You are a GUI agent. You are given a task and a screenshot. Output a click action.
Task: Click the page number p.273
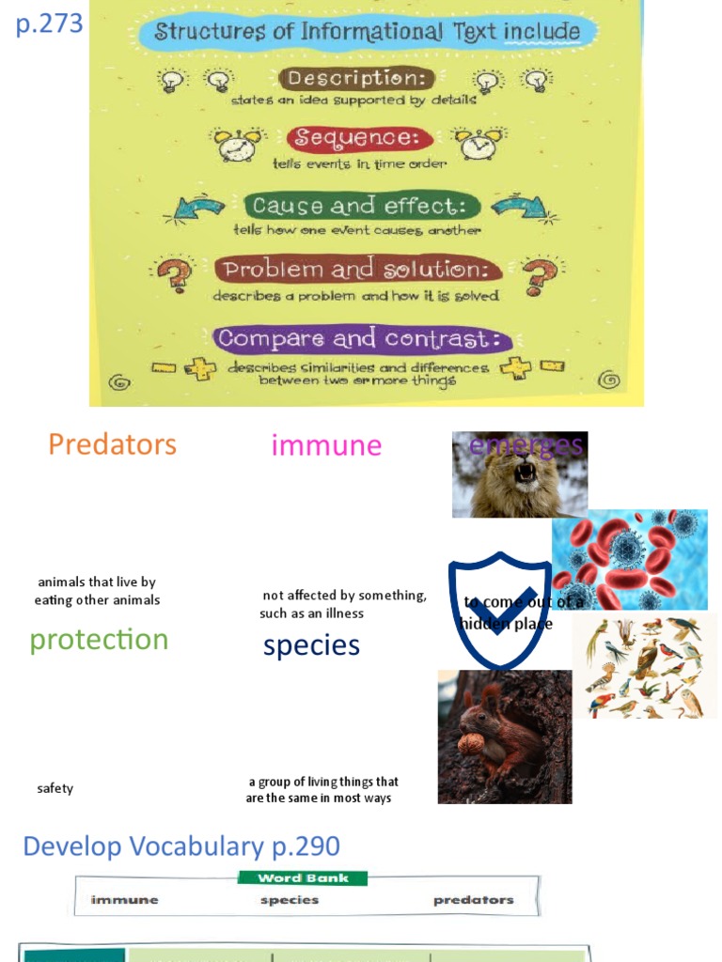[x=49, y=23]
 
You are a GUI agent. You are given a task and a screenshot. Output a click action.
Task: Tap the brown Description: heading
[x=356, y=79]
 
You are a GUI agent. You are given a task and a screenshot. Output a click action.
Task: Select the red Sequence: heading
[x=360, y=138]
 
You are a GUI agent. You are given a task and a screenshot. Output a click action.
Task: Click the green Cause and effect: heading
[x=362, y=206]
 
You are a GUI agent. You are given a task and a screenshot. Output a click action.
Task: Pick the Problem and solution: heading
[x=356, y=271]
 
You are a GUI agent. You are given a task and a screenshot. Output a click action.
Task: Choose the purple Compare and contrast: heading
[x=362, y=338]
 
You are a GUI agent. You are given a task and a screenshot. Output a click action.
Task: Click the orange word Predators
[x=112, y=444]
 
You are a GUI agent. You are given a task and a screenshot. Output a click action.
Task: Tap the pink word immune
[x=326, y=445]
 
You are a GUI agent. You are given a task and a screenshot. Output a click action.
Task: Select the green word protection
[x=99, y=640]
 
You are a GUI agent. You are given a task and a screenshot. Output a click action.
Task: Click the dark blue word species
[x=311, y=645]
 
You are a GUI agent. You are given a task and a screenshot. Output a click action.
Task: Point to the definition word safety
[x=55, y=788]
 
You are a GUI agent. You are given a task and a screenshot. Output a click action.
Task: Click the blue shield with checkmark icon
[x=499, y=609]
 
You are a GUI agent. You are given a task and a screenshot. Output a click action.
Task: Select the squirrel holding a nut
[x=504, y=737]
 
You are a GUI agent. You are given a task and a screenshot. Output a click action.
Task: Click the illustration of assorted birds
[x=644, y=667]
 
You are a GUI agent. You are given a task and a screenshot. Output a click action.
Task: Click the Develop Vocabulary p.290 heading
[x=181, y=846]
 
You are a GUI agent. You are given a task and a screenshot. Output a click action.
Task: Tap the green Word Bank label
[x=303, y=878]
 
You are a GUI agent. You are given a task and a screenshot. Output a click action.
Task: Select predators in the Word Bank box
[x=473, y=900]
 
